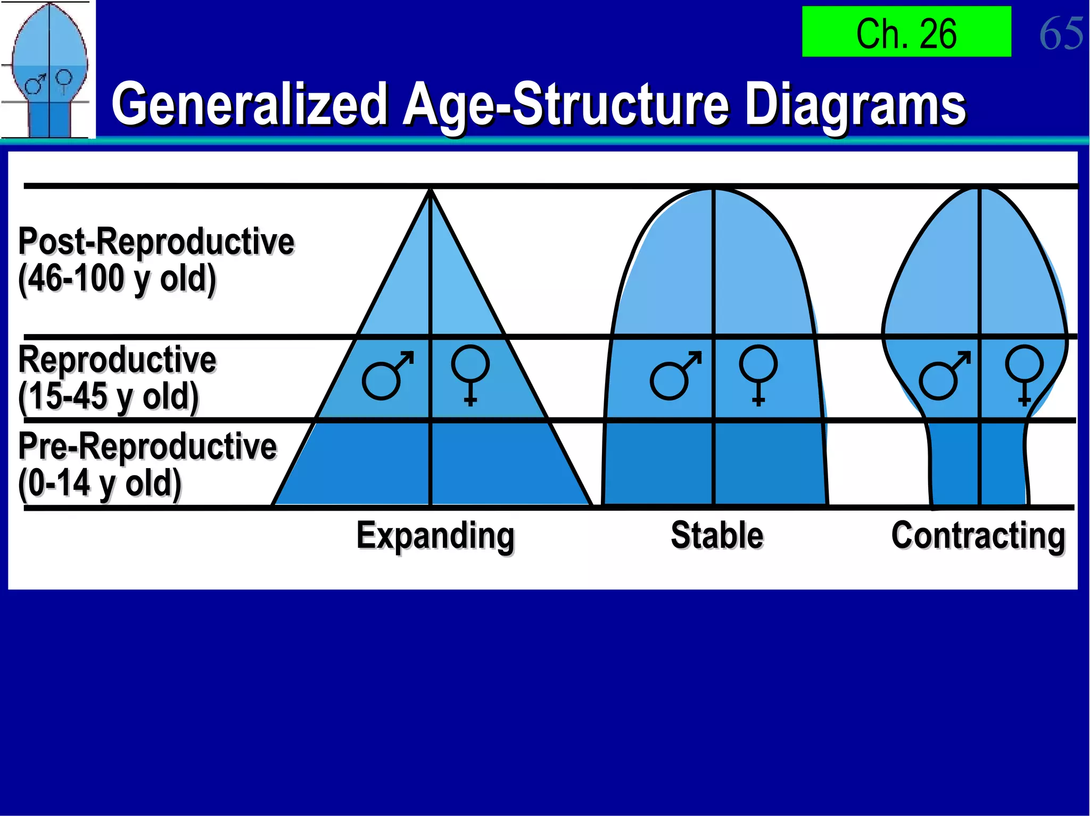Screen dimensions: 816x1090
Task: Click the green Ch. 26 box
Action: click(x=906, y=32)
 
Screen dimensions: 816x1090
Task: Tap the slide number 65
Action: click(x=1060, y=33)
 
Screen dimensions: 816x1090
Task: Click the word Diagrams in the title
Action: click(x=855, y=105)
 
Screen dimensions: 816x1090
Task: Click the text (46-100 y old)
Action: click(x=117, y=279)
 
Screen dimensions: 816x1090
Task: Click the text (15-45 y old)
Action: click(x=109, y=397)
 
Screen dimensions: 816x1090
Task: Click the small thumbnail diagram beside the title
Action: click(x=48, y=69)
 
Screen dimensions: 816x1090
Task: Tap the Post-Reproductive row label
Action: click(x=156, y=241)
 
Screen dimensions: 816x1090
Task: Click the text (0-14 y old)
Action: click(x=100, y=483)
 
